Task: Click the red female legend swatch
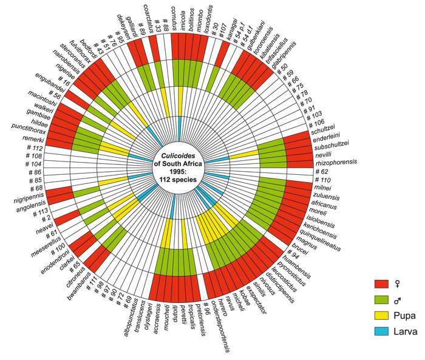point(382,284)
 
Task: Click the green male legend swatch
point(382,299)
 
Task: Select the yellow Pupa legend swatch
point(382,315)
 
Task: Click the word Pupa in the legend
point(406,315)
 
